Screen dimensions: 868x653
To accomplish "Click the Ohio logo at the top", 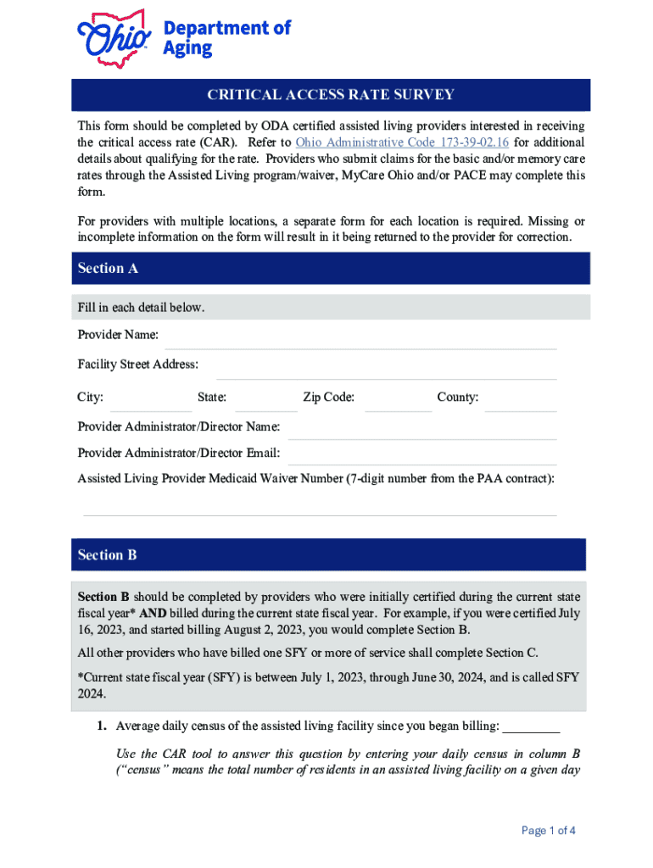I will [114, 38].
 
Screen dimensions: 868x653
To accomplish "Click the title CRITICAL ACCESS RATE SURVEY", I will [331, 95].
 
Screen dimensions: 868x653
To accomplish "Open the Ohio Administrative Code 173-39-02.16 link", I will [401, 142].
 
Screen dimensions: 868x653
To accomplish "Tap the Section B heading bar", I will [331, 555].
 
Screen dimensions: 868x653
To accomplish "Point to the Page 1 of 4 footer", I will [549, 831].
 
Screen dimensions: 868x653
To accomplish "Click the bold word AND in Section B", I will [153, 613].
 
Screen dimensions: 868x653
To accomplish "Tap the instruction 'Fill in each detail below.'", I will [141, 308].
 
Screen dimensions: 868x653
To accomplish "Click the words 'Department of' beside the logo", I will [226, 27].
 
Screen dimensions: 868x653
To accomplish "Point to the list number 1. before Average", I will [101, 726].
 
